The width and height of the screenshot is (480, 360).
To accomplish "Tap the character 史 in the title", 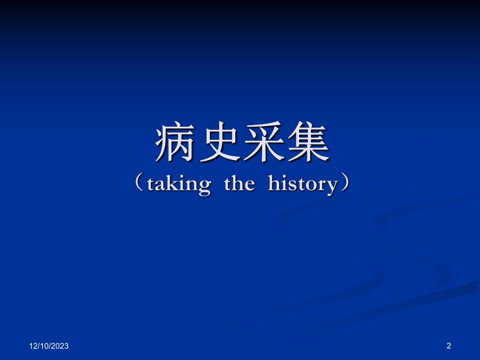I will pos(219,143).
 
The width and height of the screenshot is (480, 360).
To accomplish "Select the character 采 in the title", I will pos(262,143).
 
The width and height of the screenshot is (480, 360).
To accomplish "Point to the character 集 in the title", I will pos(306,143).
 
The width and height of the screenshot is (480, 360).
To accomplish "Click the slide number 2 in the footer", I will pos(449,345).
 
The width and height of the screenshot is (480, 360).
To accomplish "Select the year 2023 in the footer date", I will pos(60,346).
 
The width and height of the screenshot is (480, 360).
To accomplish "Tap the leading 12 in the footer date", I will pos(32,346).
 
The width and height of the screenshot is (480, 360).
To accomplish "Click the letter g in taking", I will pos(205,186).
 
